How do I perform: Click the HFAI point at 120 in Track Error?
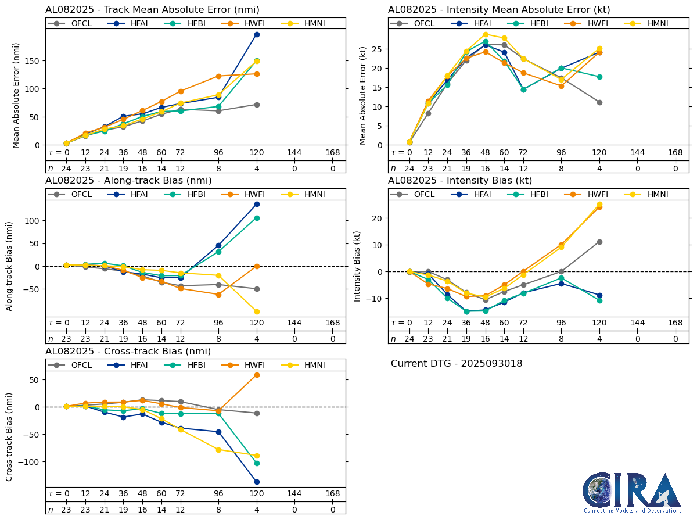pos(257,34)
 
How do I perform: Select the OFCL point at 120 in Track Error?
pos(257,105)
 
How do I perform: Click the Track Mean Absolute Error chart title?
pos(152,9)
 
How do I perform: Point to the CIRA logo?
pos(632,492)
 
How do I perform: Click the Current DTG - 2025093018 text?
pos(457,364)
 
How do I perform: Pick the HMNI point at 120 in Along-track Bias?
pos(257,312)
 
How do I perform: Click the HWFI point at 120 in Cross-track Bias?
pos(257,375)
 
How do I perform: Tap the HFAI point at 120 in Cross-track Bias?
pos(257,482)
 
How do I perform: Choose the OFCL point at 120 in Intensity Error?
pos(599,102)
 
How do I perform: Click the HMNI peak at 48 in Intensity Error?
pos(486,34)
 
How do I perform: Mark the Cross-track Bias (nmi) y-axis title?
pos(10,436)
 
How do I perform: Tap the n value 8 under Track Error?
pos(219,169)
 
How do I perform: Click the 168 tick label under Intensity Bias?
pos(676,323)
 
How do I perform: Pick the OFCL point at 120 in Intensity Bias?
pos(599,242)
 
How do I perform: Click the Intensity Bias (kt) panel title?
pos(460,181)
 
